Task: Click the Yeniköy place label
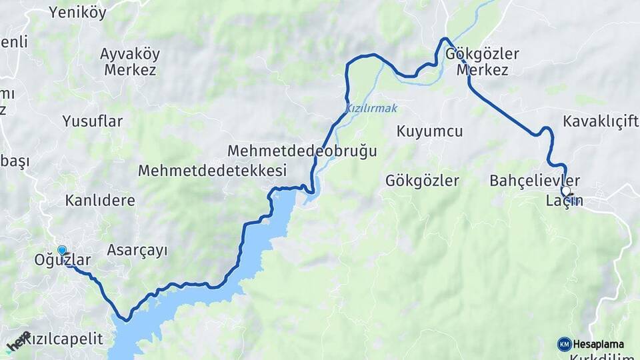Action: [77, 12]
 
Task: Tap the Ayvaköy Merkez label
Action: [129, 61]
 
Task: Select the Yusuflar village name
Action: [93, 121]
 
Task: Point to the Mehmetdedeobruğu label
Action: [302, 151]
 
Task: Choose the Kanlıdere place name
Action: [100, 200]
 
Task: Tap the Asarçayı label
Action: [137, 250]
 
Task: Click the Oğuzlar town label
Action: [62, 261]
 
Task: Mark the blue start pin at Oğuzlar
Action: [62, 250]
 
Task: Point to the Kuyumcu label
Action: [429, 131]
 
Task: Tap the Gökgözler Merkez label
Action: [483, 61]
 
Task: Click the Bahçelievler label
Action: [535, 181]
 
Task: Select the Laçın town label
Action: [564, 201]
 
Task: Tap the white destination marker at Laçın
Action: [565, 191]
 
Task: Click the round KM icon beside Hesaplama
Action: [564, 344]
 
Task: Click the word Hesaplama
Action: [599, 344]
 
